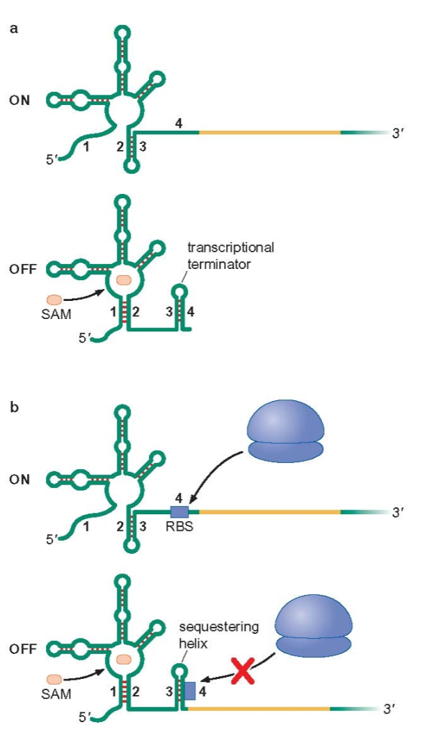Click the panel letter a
[x=13, y=28]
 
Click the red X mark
[x=242, y=672]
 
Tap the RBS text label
[x=179, y=527]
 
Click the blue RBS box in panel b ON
[x=179, y=512]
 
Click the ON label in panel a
[x=19, y=100]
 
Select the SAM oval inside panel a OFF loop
[x=124, y=280]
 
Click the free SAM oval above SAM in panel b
[x=55, y=678]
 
